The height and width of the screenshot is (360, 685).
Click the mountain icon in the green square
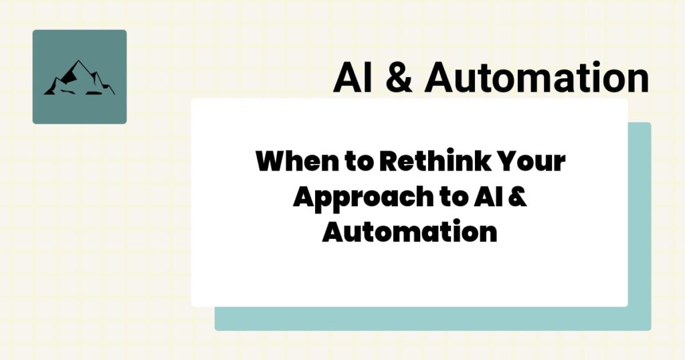coord(79,78)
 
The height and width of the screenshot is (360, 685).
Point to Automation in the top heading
coord(536,78)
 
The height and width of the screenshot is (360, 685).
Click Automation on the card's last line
coord(409,233)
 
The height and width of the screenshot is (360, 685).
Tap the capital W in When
coord(270,163)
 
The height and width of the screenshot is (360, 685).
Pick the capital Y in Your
coord(508,163)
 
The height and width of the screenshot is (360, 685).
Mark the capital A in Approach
coord(305,198)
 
